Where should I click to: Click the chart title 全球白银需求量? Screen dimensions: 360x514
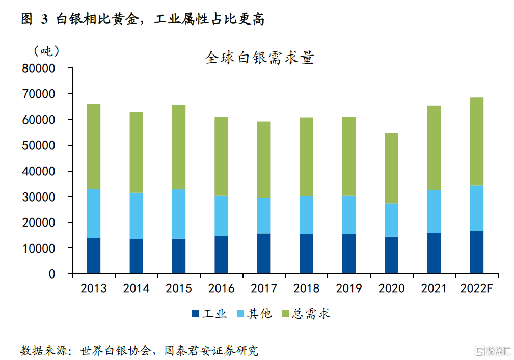click(259, 57)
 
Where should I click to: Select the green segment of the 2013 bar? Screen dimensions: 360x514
click(94, 147)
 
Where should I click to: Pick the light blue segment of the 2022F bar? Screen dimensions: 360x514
click(476, 208)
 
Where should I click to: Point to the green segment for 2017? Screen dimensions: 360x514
click(264, 159)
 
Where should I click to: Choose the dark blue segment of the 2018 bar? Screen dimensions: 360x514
click(306, 254)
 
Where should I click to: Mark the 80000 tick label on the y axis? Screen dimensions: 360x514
click(44, 68)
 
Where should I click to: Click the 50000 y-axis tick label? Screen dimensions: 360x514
click(44, 146)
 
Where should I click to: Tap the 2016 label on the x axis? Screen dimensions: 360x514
click(221, 288)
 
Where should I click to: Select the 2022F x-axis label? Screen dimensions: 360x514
click(476, 288)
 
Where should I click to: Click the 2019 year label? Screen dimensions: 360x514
click(349, 288)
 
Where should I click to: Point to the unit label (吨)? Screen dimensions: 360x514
click(46, 51)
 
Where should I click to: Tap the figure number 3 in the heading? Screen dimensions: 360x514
click(44, 19)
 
